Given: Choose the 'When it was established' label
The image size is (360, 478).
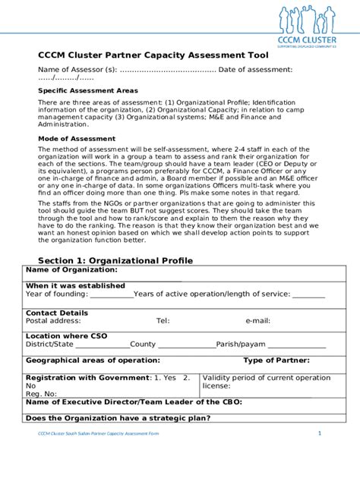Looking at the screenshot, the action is (75, 286).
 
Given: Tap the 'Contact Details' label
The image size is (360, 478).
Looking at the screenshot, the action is (57, 313).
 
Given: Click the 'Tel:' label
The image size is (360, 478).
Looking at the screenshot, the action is (163, 321).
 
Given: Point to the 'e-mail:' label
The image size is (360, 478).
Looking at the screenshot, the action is (257, 321).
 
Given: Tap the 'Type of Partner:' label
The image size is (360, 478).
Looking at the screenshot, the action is (276, 360).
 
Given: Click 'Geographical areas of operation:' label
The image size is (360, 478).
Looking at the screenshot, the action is (93, 360).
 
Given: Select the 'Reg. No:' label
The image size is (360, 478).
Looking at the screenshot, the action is (42, 394).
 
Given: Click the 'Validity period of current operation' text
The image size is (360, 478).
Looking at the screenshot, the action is (267, 377).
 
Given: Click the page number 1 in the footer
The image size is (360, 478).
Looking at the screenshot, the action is (320, 433).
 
